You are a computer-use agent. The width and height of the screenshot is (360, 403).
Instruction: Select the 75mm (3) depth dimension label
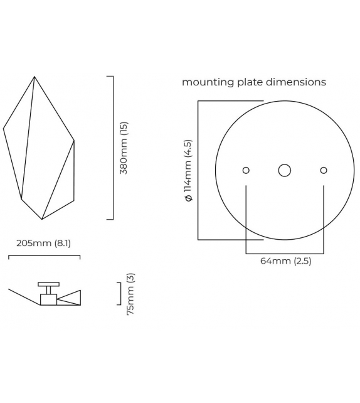point(130,293)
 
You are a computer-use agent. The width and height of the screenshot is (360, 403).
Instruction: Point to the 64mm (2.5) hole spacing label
point(285,261)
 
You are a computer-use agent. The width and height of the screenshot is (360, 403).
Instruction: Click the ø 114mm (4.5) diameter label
point(188,171)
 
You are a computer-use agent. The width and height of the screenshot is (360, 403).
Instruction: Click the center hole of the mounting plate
point(285,170)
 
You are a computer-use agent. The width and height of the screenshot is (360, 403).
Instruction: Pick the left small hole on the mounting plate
point(246,170)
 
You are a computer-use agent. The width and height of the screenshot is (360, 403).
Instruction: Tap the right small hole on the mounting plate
point(324,170)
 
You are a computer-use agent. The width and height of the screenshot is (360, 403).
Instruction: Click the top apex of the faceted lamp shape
point(34,77)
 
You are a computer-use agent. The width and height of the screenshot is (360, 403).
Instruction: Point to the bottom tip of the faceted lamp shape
point(42,219)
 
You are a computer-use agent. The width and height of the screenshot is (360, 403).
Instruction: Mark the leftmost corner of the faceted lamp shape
point(4,129)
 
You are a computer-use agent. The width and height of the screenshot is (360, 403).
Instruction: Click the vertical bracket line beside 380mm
point(113,148)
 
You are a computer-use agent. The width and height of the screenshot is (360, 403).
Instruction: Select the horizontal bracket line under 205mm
point(44,256)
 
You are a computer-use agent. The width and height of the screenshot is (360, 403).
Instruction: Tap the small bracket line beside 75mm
point(120,293)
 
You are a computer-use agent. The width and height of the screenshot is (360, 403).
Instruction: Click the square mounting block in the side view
point(48,299)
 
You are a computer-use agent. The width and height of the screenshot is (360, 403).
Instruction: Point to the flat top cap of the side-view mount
point(47,284)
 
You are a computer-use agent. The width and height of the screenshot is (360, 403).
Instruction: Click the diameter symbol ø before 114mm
point(188,198)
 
